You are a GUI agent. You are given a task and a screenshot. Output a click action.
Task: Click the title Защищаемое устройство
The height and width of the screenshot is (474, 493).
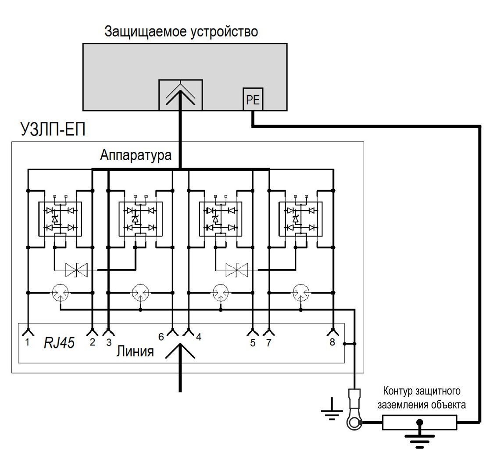coord(181,32)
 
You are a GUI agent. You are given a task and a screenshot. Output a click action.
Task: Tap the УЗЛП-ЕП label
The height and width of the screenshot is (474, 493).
coord(53,130)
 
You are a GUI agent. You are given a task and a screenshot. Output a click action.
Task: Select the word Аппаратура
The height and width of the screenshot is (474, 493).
coord(136,155)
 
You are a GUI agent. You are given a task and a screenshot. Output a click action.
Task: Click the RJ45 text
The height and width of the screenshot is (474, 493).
coord(58,343)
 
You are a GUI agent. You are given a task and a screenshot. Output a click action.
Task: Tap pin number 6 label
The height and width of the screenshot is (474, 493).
coord(161,337)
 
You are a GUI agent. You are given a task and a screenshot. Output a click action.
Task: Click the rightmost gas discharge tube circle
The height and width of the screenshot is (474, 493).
coord(301,292)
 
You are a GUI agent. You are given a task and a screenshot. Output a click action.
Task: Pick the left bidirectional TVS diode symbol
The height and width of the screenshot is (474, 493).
coord(76,270)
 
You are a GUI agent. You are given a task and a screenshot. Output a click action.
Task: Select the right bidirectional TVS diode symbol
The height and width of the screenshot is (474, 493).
coord(237,270)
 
